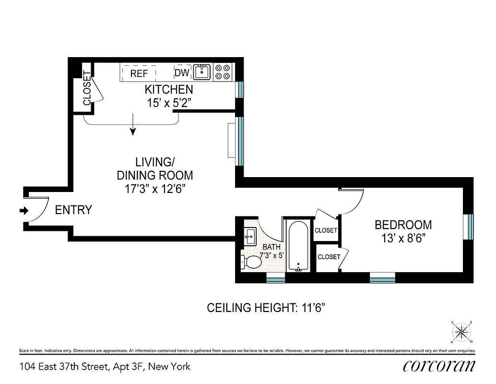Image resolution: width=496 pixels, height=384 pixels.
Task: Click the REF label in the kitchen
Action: click(x=139, y=73)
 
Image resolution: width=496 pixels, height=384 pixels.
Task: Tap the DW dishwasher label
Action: click(x=182, y=73)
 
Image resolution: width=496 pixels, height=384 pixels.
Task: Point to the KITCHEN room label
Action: click(x=169, y=90)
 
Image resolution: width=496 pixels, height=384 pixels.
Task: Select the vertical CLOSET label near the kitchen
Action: click(x=87, y=88)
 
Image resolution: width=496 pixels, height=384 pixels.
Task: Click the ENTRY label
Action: click(x=73, y=210)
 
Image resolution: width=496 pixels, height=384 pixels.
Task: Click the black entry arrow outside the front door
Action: click(x=23, y=210)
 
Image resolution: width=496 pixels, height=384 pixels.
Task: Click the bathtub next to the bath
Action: click(x=298, y=246)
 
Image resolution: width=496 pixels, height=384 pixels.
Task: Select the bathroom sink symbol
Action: click(x=250, y=236)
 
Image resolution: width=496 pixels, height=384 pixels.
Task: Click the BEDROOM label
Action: click(x=403, y=225)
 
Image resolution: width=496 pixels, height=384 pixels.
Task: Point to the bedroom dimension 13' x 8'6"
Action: click(x=403, y=237)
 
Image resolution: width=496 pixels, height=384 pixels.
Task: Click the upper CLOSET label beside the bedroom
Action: click(x=326, y=230)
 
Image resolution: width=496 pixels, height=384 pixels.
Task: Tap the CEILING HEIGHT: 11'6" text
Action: click(x=270, y=308)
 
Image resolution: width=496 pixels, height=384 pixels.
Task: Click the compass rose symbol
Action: click(x=461, y=331)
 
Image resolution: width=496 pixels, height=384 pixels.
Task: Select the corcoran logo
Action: click(x=438, y=366)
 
